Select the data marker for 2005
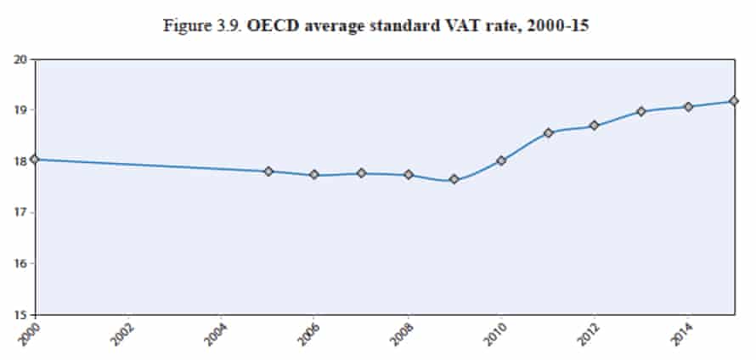(x=268, y=172)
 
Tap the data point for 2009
(x=454, y=179)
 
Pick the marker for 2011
(x=548, y=132)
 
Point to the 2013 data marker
(x=641, y=111)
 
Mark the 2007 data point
(x=362, y=173)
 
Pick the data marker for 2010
(x=501, y=160)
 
